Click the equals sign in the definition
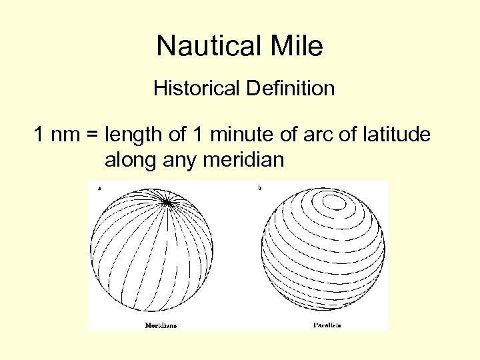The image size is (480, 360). (x=92, y=136)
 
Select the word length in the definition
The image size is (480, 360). (x=133, y=135)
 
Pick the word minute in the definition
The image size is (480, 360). (x=229, y=135)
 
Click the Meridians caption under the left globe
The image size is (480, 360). (x=161, y=325)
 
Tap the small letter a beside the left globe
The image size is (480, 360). (x=99, y=188)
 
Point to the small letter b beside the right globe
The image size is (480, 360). (x=259, y=188)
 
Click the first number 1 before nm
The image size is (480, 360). (x=40, y=135)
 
